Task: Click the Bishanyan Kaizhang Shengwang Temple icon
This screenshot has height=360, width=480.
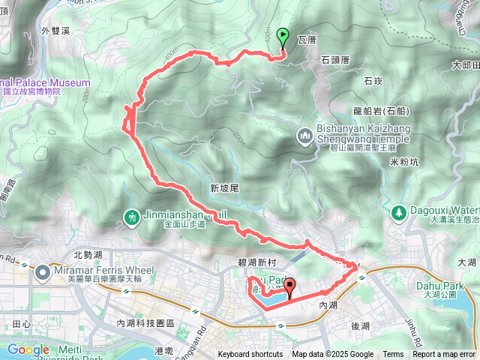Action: [304, 136]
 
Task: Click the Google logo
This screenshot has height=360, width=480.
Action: [28, 349]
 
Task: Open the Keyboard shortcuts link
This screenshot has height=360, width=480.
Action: [250, 355]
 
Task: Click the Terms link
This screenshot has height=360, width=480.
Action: [393, 355]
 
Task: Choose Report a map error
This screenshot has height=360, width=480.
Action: [444, 355]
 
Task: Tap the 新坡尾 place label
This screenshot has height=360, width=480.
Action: [223, 188]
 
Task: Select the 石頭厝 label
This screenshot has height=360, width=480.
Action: [335, 58]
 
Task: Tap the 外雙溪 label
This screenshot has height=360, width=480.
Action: [55, 31]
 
